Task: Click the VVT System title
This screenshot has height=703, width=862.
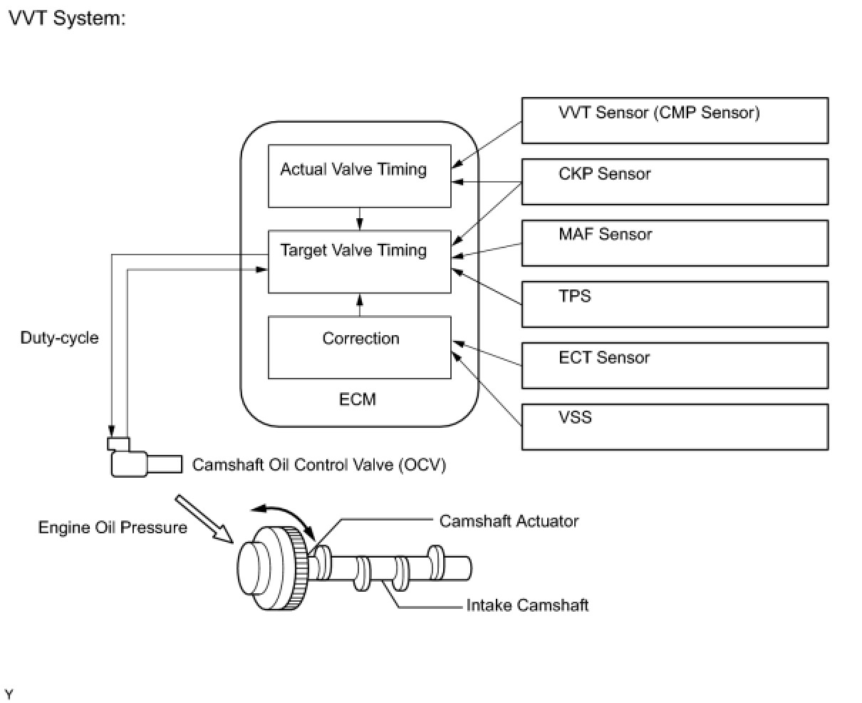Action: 67,19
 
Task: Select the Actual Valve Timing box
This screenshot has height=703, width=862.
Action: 359,176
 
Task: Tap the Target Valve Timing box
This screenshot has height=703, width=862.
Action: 359,262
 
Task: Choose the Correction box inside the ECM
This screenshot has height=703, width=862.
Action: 359,347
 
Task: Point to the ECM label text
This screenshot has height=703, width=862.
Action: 358,399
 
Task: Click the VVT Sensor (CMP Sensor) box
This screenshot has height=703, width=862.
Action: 675,120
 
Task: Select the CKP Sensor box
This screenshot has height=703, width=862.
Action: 675,182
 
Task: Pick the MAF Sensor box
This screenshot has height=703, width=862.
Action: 675,243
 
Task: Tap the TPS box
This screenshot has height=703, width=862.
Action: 675,304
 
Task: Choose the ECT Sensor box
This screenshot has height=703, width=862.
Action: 675,366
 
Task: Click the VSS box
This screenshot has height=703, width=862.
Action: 675,427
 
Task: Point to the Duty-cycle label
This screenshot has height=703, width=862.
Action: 60,338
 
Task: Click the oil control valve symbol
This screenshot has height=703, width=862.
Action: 145,457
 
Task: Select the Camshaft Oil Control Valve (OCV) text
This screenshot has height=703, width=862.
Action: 319,465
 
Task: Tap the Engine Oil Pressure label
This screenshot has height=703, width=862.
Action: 113,528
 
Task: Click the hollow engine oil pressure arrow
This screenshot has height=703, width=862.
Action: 204,519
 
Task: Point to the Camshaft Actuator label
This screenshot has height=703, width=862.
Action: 509,521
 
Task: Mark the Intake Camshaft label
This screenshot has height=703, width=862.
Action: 527,605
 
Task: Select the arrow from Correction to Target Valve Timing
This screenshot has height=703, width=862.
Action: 359,305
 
